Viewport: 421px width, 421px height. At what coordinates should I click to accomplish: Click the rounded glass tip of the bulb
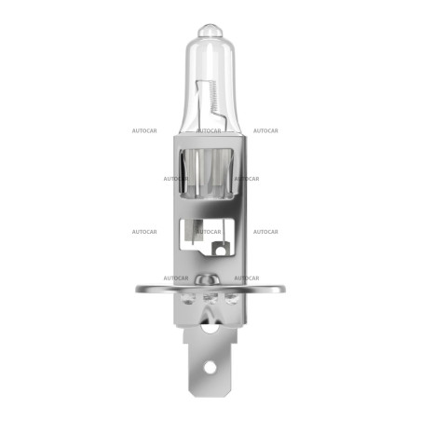click(x=210, y=29)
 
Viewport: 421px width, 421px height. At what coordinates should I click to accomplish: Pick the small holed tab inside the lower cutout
click(x=220, y=248)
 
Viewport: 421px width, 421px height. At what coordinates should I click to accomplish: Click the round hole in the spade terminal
click(x=210, y=366)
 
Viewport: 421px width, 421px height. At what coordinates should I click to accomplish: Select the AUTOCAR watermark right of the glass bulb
click(x=266, y=130)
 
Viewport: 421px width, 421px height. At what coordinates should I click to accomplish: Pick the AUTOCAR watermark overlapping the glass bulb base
click(x=208, y=130)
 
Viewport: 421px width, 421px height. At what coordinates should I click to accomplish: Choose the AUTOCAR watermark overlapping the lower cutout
click(x=208, y=231)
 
